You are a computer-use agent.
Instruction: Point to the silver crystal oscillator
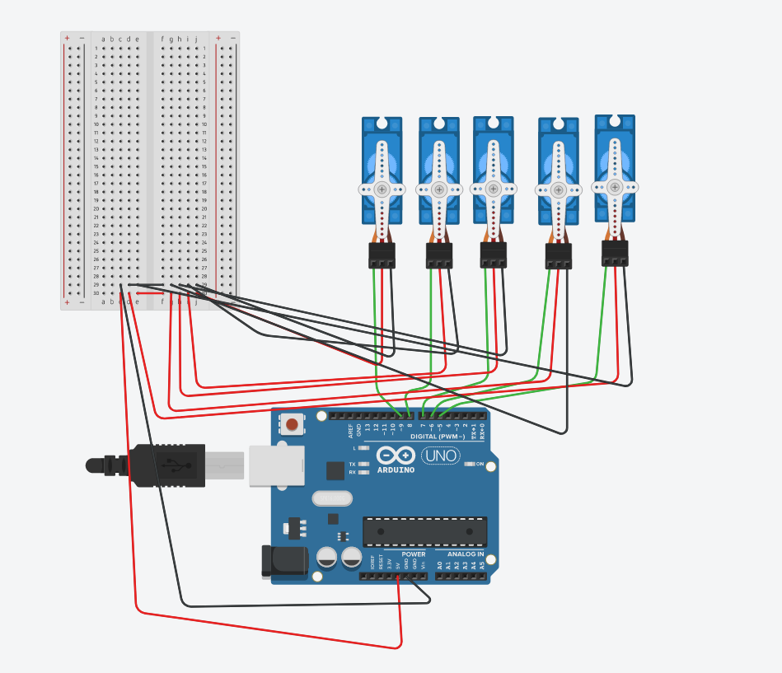[332, 498]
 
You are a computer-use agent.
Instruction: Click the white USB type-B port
[275, 465]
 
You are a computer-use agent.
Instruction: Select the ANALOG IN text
[466, 554]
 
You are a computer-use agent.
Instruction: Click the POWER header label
[414, 554]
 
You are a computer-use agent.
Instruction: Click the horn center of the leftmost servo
[382, 189]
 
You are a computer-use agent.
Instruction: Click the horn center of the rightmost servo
[615, 187]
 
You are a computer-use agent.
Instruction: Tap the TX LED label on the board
[353, 464]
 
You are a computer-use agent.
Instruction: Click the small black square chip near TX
[335, 470]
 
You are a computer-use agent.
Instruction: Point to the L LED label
[354, 448]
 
